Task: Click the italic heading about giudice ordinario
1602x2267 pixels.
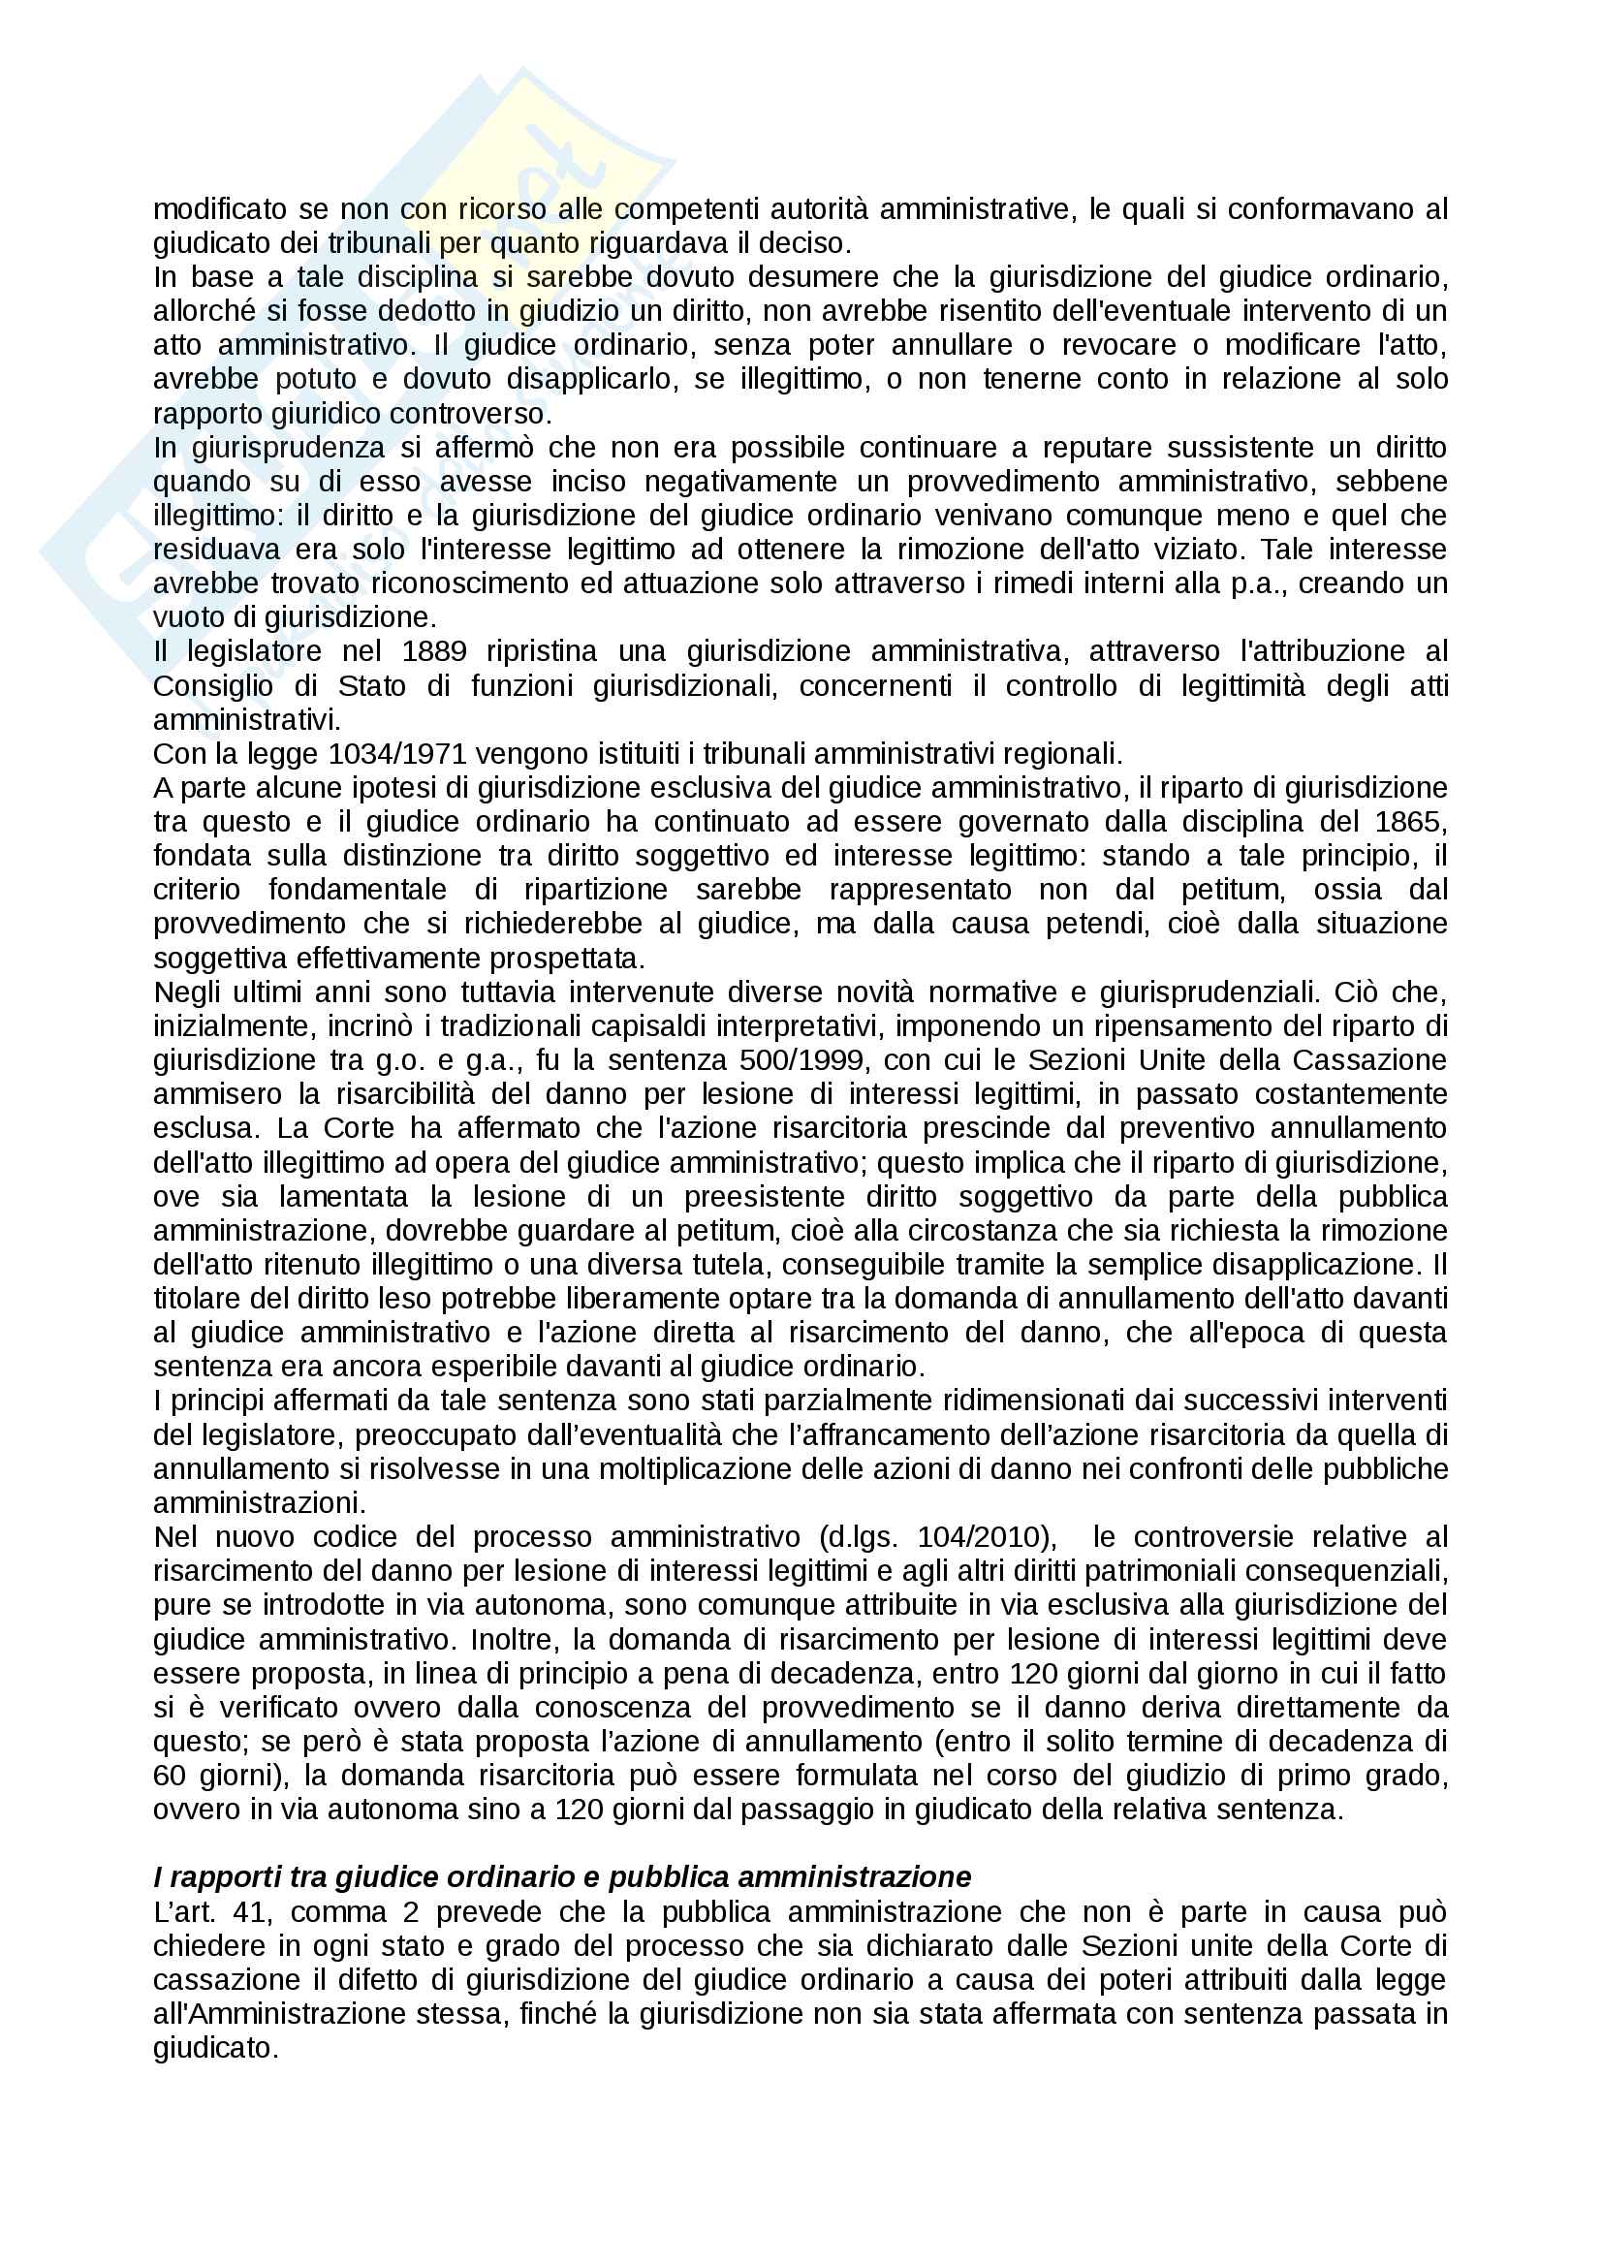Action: pos(562,1877)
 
